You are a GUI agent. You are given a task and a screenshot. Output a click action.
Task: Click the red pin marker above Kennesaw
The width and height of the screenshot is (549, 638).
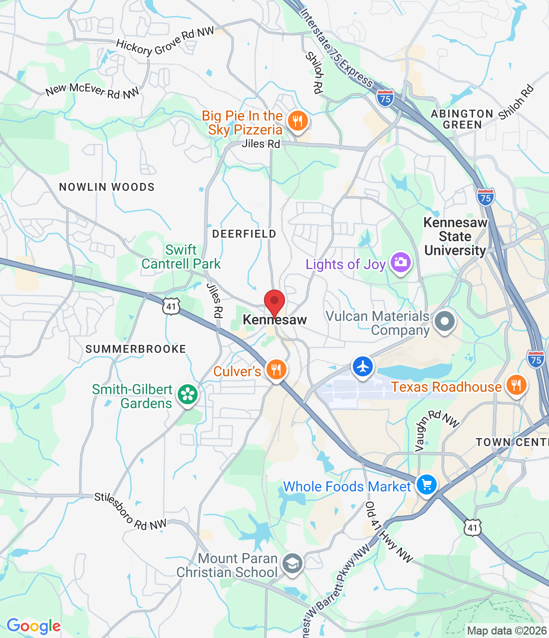click(x=274, y=301)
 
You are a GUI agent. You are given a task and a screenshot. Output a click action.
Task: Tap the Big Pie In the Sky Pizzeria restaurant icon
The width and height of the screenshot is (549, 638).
click(x=297, y=121)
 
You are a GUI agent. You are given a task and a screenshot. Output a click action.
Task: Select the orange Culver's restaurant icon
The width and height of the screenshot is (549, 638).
click(x=275, y=370)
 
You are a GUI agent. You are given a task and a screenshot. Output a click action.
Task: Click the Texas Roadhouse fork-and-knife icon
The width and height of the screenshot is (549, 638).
click(x=516, y=385)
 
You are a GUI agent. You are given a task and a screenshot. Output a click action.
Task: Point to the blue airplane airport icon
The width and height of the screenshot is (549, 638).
click(x=363, y=367)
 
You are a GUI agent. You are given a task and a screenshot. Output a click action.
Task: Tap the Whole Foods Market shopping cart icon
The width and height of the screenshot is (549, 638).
click(x=426, y=484)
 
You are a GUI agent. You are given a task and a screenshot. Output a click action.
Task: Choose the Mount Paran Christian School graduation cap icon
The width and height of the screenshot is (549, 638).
click(x=292, y=564)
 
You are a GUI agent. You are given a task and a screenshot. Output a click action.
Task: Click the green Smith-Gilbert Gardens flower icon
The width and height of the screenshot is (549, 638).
click(x=188, y=395)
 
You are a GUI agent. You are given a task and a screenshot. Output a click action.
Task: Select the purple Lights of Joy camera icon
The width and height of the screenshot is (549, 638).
click(x=400, y=262)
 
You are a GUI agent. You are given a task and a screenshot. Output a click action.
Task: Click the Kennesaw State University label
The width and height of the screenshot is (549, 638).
click(x=455, y=236)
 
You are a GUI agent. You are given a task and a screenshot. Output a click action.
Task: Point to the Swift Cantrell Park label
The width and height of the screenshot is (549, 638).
click(x=181, y=257)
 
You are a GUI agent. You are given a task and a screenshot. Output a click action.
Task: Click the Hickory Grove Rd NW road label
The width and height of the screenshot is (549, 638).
click(x=165, y=42)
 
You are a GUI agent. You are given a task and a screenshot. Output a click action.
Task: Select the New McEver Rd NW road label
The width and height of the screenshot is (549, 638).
click(x=92, y=90)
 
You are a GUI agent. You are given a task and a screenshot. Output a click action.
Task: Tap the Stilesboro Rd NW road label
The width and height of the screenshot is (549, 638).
click(x=130, y=511)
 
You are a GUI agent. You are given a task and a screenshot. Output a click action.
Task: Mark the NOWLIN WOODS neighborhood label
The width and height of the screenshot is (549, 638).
click(x=107, y=187)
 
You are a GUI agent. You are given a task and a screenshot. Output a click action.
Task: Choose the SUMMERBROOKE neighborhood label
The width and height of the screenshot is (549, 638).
click(x=136, y=349)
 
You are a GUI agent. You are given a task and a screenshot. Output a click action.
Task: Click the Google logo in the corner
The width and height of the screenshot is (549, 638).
click(x=33, y=626)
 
